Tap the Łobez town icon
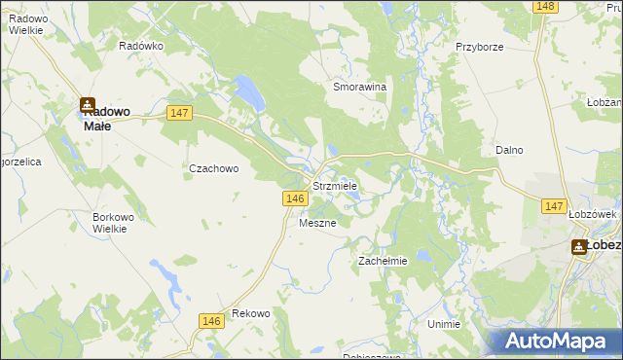(578, 246)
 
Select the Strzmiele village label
(335, 185)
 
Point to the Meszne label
(317, 223)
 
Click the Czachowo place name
(213, 167)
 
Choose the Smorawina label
(360, 86)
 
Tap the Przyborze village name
(478, 46)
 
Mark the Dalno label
(509, 150)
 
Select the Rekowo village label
(250, 313)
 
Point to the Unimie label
(443, 323)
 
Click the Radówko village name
(141, 46)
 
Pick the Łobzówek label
(588, 214)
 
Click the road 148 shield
(545, 7)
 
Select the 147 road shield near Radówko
(179, 113)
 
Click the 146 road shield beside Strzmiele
(297, 198)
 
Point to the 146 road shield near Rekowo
(210, 320)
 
